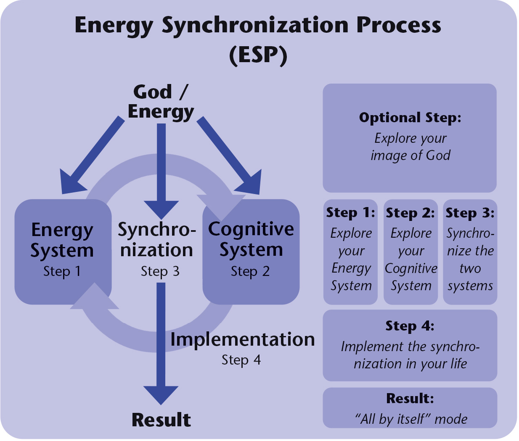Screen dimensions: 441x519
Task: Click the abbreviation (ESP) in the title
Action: click(x=258, y=55)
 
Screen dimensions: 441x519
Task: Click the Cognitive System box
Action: click(x=251, y=252)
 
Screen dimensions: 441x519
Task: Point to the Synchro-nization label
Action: click(x=157, y=240)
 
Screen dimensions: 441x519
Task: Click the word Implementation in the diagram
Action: click(x=242, y=340)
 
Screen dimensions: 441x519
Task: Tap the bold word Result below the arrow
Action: click(x=161, y=420)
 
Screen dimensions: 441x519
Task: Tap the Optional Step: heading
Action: click(x=410, y=118)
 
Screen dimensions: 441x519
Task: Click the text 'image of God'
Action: click(x=410, y=155)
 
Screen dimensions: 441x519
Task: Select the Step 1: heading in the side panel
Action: click(x=351, y=213)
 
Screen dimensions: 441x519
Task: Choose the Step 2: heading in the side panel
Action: click(x=410, y=213)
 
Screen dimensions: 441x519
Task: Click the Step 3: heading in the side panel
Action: click(x=470, y=213)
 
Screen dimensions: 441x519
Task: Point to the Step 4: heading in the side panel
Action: click(x=410, y=326)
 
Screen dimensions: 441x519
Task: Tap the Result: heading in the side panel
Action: click(x=410, y=398)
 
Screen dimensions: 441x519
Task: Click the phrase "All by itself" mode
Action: click(x=410, y=419)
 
